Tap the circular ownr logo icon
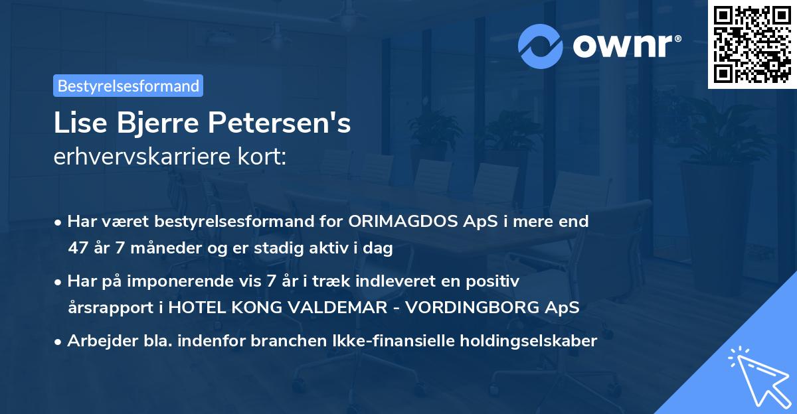pos(541,46)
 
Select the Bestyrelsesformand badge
pos(128,86)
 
